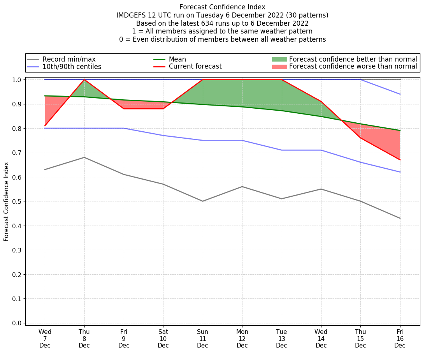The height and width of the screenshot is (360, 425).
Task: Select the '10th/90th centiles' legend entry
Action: point(72,67)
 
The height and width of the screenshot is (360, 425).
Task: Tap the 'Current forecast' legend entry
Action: point(195,66)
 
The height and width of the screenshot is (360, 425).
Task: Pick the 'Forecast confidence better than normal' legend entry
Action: point(353,59)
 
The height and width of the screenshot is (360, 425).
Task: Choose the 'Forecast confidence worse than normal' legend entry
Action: point(353,67)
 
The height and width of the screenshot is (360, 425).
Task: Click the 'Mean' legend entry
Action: point(177,59)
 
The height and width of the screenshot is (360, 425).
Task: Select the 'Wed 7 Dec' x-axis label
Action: point(45,339)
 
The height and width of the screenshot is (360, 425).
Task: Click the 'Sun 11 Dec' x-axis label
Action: point(202,339)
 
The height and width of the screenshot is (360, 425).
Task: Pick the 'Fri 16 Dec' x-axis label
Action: point(400,339)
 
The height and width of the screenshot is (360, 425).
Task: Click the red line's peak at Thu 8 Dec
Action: point(84,79)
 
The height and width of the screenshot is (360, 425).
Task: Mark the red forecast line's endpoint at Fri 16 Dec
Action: point(400,160)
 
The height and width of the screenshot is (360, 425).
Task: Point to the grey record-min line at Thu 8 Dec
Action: point(84,157)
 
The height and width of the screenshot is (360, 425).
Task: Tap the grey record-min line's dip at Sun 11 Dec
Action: point(202,201)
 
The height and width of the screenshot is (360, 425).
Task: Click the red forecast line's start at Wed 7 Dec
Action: point(45,126)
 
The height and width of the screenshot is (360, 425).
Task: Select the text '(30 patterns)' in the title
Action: point(307,15)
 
